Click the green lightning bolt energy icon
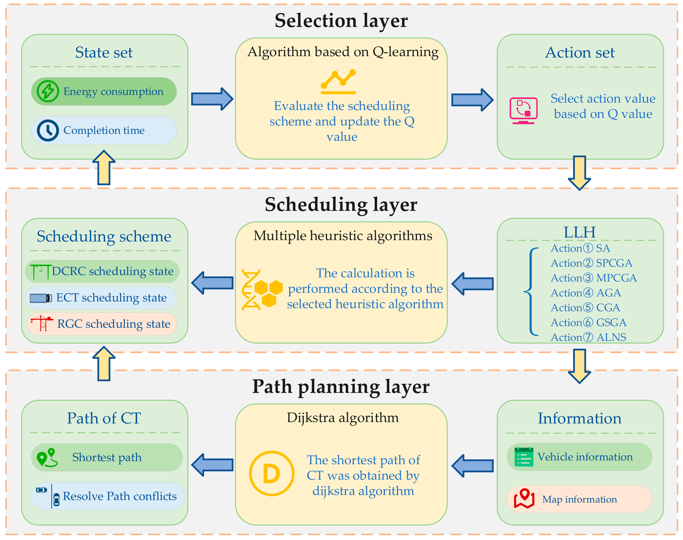pos(48,91)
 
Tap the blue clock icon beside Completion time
pos(48,130)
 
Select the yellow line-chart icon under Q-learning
pos(338,82)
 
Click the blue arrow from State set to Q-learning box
pos(212,99)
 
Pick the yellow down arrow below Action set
pos(579,173)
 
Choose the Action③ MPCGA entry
pos(594,278)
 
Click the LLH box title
pos(579,232)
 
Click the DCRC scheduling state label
pos(113,271)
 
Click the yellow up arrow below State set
pos(104,168)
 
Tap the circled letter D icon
pos(271,473)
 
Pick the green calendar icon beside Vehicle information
pos(523,457)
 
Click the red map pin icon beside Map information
pos(524,499)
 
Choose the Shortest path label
pos(107,457)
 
